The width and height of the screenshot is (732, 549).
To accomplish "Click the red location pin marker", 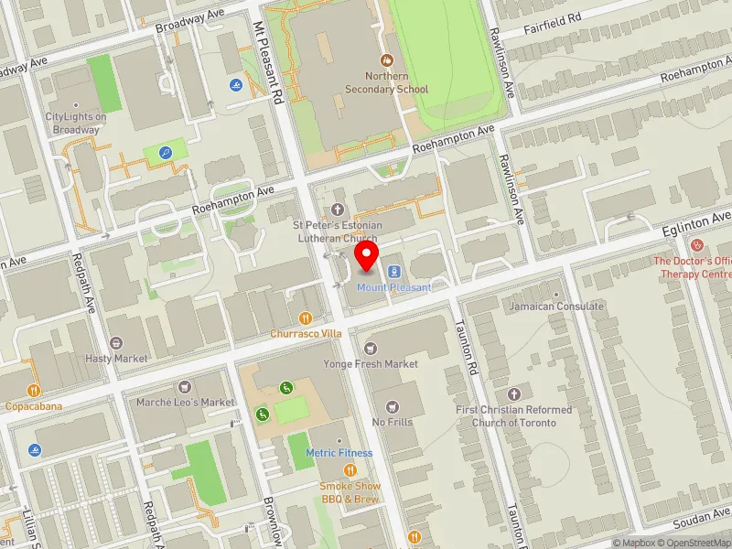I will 367,255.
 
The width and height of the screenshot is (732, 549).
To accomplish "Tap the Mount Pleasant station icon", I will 394,271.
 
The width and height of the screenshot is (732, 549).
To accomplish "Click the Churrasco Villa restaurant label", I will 306,334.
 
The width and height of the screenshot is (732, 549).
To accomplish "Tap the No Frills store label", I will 393,422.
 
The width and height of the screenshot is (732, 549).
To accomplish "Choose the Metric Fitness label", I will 339,453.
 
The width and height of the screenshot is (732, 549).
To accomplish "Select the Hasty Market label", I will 116,358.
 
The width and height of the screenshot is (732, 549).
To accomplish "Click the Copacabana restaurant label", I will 33,404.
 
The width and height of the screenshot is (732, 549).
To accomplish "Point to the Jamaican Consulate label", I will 556,307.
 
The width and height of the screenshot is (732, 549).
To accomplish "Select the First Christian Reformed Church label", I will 513,416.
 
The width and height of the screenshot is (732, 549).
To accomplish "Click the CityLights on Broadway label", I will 76,123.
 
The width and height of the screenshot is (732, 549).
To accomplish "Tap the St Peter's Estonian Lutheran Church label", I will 337,231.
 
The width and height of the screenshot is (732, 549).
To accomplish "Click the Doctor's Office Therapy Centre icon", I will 697,245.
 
